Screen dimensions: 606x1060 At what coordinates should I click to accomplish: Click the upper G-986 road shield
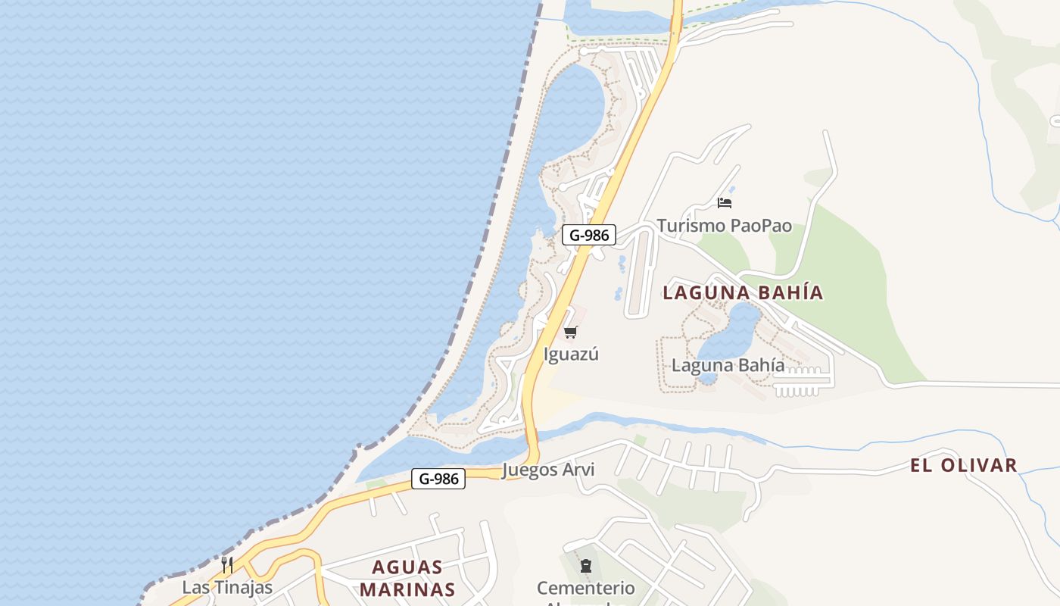pos(589,235)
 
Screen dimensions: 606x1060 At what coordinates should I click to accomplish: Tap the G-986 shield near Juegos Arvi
pos(438,479)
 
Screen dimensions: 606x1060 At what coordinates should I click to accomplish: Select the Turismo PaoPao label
pos(724,226)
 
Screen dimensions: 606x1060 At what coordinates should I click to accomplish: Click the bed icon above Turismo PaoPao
pos(725,203)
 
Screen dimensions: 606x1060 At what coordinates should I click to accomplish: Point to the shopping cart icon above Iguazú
pos(571,332)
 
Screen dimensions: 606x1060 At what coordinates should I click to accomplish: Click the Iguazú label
pos(571,354)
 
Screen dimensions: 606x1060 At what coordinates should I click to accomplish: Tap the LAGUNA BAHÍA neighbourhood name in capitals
pos(742,292)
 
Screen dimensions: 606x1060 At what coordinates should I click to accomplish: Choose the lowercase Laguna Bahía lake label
pos(728,365)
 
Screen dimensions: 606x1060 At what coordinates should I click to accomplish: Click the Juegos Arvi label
pos(548,470)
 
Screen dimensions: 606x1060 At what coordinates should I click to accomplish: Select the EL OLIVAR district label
pos(963,465)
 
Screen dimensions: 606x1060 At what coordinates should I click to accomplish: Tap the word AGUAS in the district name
pos(407,567)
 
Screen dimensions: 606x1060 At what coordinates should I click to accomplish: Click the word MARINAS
pos(407,589)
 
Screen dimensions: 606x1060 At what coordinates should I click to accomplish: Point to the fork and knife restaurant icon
pos(226,564)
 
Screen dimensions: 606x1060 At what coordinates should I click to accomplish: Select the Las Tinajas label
pos(226,587)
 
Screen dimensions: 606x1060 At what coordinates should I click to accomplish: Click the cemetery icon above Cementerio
pos(585,566)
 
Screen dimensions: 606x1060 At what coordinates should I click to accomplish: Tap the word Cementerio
pos(585,588)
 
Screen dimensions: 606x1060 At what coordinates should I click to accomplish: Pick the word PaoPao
pos(761,226)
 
